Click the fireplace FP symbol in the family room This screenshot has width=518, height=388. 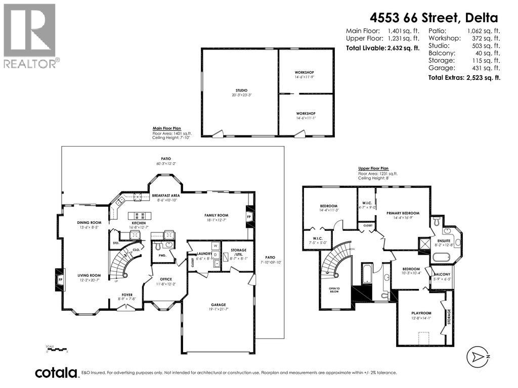click(x=248, y=217)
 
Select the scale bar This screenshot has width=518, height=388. click(x=56, y=349)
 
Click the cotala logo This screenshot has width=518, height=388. click(x=57, y=373)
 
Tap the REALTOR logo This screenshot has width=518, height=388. click(x=30, y=35)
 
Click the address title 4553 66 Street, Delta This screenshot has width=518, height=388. click(x=434, y=18)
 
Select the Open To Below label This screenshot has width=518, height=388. click(x=334, y=290)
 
